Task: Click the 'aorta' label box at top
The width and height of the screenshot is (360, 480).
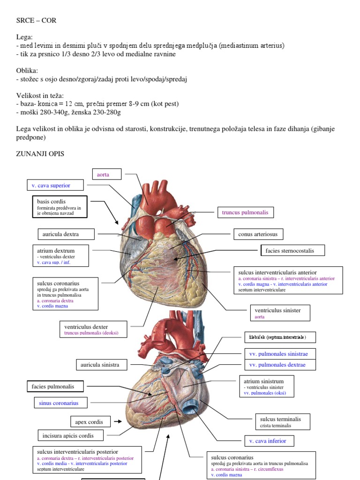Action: coord(107,174)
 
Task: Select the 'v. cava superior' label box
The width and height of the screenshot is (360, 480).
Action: coord(55,186)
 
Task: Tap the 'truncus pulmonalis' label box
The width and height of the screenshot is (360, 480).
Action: coord(245,213)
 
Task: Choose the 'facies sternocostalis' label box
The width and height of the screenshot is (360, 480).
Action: coord(292,251)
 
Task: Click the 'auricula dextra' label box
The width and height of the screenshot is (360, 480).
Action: coord(65,234)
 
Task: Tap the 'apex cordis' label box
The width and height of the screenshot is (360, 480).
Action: coord(90,421)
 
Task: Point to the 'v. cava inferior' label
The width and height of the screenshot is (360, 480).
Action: coord(268,441)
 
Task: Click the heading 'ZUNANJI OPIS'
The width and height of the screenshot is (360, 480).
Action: coord(40,153)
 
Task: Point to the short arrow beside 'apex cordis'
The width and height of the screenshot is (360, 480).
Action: coord(117,421)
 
